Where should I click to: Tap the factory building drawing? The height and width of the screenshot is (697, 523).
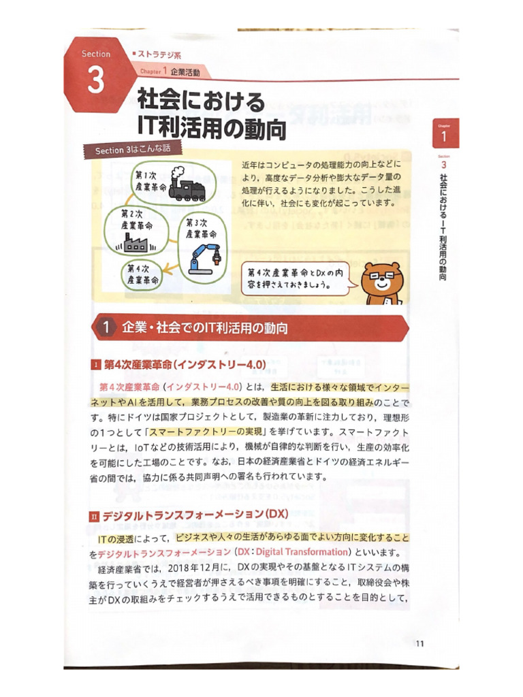pos(137,241)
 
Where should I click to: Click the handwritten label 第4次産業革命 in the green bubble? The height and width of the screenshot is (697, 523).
pos(141,274)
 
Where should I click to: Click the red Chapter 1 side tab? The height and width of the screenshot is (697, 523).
pos(445,133)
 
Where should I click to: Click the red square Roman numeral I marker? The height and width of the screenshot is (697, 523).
pos(95,366)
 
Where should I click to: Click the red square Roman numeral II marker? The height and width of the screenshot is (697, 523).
pos(95,517)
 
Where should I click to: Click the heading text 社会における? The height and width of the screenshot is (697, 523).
pos(201,101)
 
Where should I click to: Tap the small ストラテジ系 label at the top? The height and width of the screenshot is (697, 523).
pos(159,54)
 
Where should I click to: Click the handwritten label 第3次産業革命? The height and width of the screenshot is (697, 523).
pos(201,228)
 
